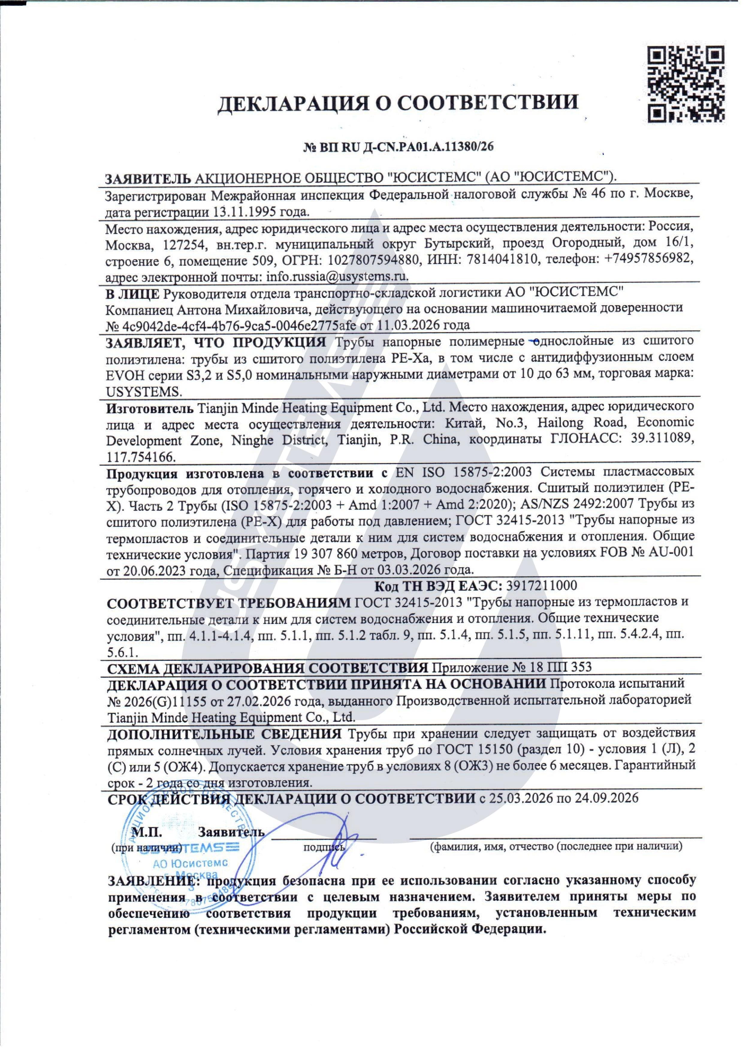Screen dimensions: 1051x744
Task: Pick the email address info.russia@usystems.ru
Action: [x=337, y=277]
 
